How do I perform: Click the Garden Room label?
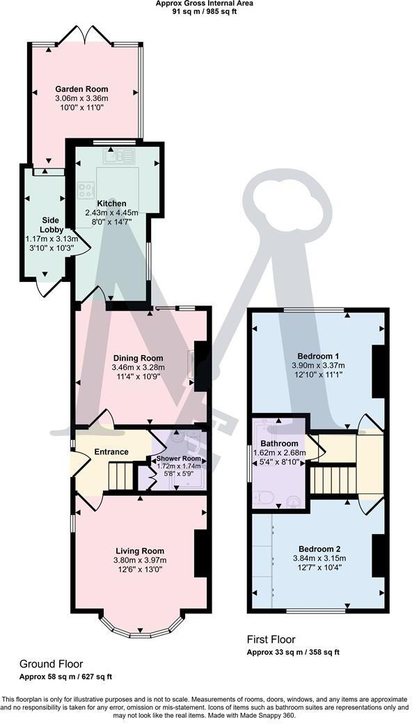tap(82, 89)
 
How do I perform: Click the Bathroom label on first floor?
tap(279, 443)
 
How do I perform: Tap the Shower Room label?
tap(178, 459)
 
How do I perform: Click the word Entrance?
tap(112, 452)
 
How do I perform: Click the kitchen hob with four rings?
tap(86, 189)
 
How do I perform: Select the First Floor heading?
tap(271, 639)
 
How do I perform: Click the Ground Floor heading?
tap(51, 664)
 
